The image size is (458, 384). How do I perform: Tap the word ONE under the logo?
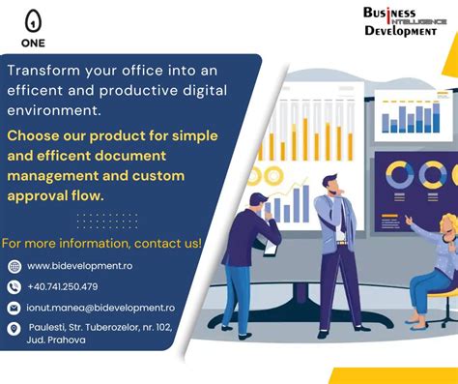[34, 44]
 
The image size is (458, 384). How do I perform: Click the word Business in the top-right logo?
[388, 13]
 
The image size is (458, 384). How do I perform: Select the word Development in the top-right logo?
[400, 31]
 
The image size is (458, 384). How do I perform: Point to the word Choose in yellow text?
[36, 134]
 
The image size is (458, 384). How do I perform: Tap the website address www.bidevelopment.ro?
[79, 266]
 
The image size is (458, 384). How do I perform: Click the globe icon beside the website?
[14, 266]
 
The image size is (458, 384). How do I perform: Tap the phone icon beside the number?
[14, 286]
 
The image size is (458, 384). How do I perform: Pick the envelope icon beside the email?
[14, 308]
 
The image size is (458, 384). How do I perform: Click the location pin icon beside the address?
[14, 329]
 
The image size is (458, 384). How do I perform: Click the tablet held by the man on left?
[271, 248]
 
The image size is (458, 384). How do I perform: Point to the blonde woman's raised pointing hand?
[410, 222]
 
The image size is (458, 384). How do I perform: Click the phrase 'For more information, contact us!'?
[101, 243]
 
